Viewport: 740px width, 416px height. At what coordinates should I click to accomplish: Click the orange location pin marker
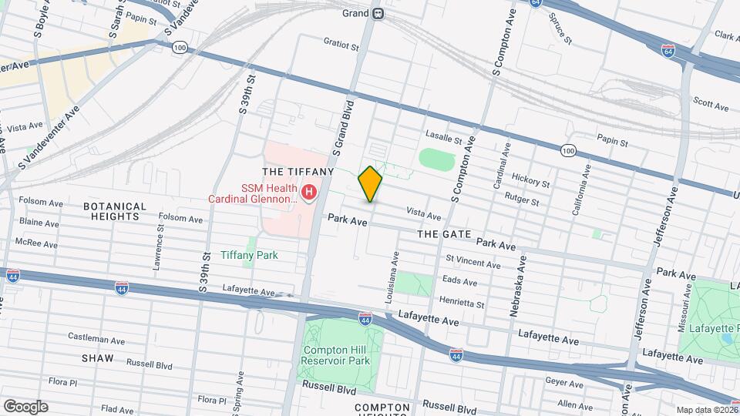click(x=371, y=184)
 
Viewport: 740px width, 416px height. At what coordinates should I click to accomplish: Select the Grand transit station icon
click(x=378, y=13)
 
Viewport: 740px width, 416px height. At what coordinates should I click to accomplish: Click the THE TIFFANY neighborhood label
click(x=298, y=171)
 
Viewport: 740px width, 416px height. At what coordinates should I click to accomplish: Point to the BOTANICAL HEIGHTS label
click(x=115, y=211)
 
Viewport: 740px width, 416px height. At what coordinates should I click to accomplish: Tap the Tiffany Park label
click(x=249, y=255)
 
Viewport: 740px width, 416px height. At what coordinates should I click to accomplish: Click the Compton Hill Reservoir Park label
click(x=335, y=354)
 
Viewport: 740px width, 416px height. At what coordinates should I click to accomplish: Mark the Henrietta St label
click(x=462, y=302)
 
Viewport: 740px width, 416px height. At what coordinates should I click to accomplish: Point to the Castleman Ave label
click(x=96, y=338)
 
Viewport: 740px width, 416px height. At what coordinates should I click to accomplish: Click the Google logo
click(x=25, y=407)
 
